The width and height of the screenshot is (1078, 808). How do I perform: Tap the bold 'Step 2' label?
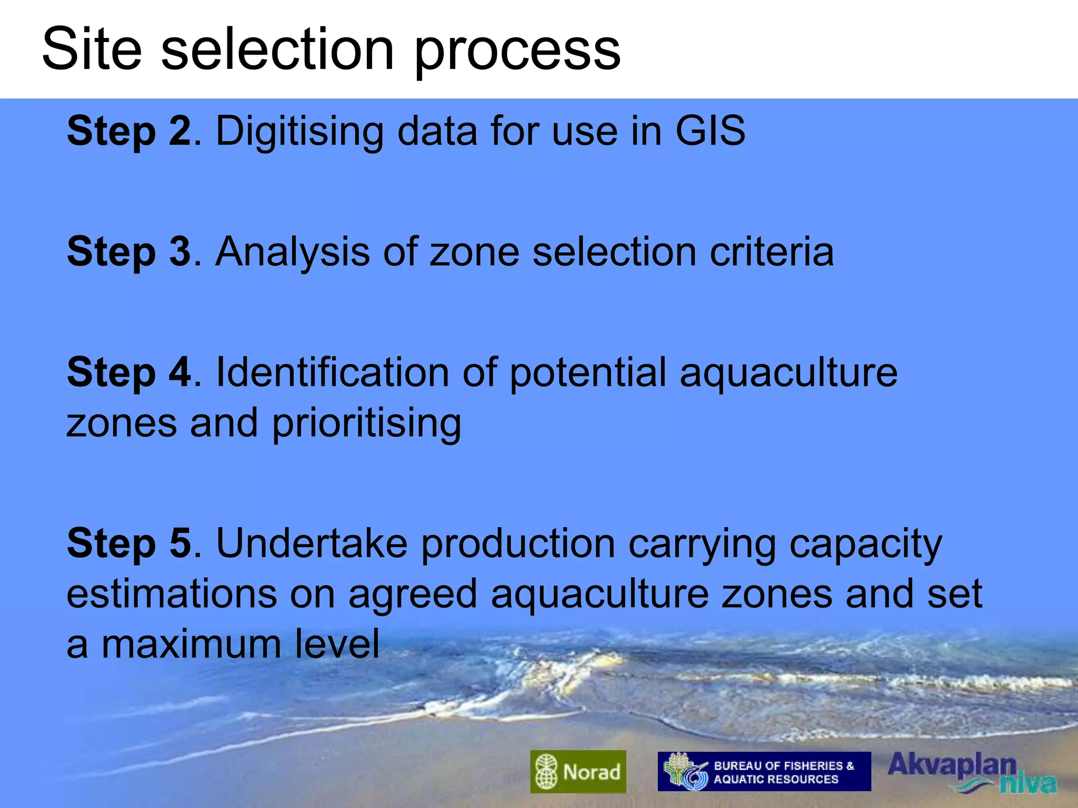click(129, 131)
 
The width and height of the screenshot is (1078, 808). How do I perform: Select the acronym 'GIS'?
click(710, 131)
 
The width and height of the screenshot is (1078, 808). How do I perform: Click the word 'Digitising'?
click(300, 132)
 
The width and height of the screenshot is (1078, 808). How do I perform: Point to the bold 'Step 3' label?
click(129, 251)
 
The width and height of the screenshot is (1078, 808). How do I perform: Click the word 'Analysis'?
click(293, 252)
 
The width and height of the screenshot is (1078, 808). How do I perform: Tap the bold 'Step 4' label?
click(129, 372)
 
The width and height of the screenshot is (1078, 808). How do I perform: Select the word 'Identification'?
click(332, 372)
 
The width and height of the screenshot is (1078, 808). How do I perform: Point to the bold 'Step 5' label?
click(129, 543)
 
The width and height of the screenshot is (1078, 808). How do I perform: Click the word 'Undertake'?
click(312, 543)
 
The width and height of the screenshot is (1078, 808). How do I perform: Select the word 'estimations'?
click(172, 594)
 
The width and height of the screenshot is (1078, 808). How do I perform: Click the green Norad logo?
click(578, 771)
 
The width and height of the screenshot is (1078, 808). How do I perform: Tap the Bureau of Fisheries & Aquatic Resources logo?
click(764, 771)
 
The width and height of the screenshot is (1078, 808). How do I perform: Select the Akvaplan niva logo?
click(971, 772)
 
